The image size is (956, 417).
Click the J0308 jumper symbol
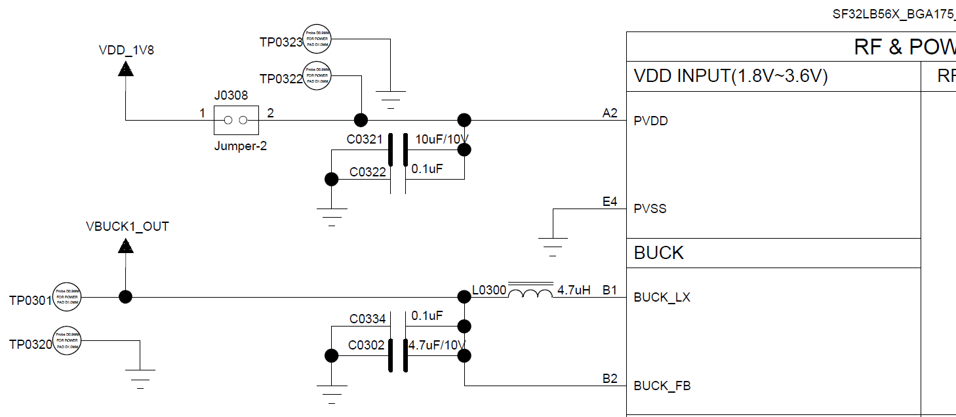pos(236,120)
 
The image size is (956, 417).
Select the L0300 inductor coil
pos(530,292)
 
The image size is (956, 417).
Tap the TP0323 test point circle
pos(317,39)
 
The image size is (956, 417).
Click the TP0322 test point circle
pos(317,76)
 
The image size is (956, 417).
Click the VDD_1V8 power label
pos(126,49)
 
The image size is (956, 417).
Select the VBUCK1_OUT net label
pos(127,226)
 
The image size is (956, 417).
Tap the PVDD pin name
pos(650,121)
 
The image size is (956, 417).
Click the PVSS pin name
pos(650,209)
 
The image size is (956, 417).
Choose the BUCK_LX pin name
pos(662,298)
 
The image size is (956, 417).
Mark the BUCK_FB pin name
pos(662,386)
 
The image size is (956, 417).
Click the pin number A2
pos(610,113)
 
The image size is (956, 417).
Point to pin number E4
pos(610,202)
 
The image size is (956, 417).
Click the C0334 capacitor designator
pos(367,319)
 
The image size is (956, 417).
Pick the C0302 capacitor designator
pos(366,346)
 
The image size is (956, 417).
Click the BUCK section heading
pos(658,253)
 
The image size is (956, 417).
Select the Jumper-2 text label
pos(240,146)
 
